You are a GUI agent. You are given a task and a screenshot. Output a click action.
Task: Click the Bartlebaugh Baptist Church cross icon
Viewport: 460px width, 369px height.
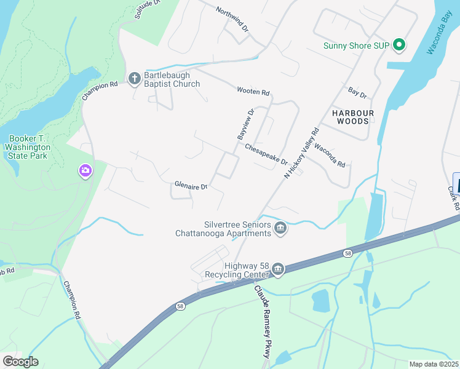point(135,77)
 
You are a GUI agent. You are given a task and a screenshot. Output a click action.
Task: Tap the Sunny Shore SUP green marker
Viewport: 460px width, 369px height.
point(399,45)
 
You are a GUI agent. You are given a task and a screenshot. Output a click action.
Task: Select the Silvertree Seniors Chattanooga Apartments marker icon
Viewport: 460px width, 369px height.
point(280,229)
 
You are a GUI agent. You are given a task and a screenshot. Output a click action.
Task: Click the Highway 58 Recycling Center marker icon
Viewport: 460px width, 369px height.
point(278,269)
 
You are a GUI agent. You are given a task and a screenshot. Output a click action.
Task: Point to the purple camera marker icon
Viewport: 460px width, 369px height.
point(85,170)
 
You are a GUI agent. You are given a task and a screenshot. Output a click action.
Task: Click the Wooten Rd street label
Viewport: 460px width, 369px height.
point(253,92)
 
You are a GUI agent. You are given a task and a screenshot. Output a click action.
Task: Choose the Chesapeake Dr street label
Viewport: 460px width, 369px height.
point(266,154)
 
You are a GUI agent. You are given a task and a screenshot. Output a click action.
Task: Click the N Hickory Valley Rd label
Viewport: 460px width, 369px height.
point(302,153)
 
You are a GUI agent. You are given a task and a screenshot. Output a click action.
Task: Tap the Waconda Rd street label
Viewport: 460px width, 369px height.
point(330,156)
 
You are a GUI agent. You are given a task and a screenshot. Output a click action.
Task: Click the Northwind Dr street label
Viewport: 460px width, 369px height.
point(231,20)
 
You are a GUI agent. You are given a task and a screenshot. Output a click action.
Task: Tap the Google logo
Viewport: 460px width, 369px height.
point(20,362)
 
